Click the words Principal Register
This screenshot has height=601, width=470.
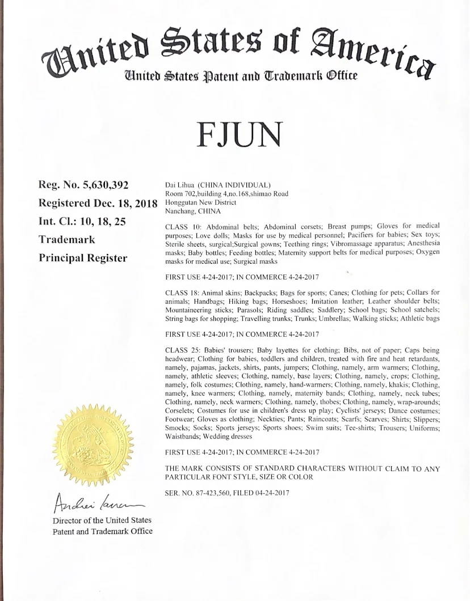click(x=83, y=258)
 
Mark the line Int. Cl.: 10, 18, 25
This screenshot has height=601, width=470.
click(x=82, y=222)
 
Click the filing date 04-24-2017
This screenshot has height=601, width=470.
click(x=269, y=493)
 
